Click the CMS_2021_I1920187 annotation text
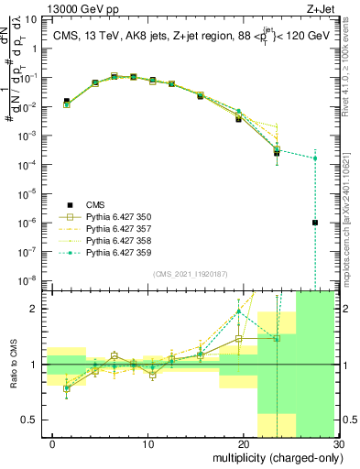(x=189, y=273)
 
